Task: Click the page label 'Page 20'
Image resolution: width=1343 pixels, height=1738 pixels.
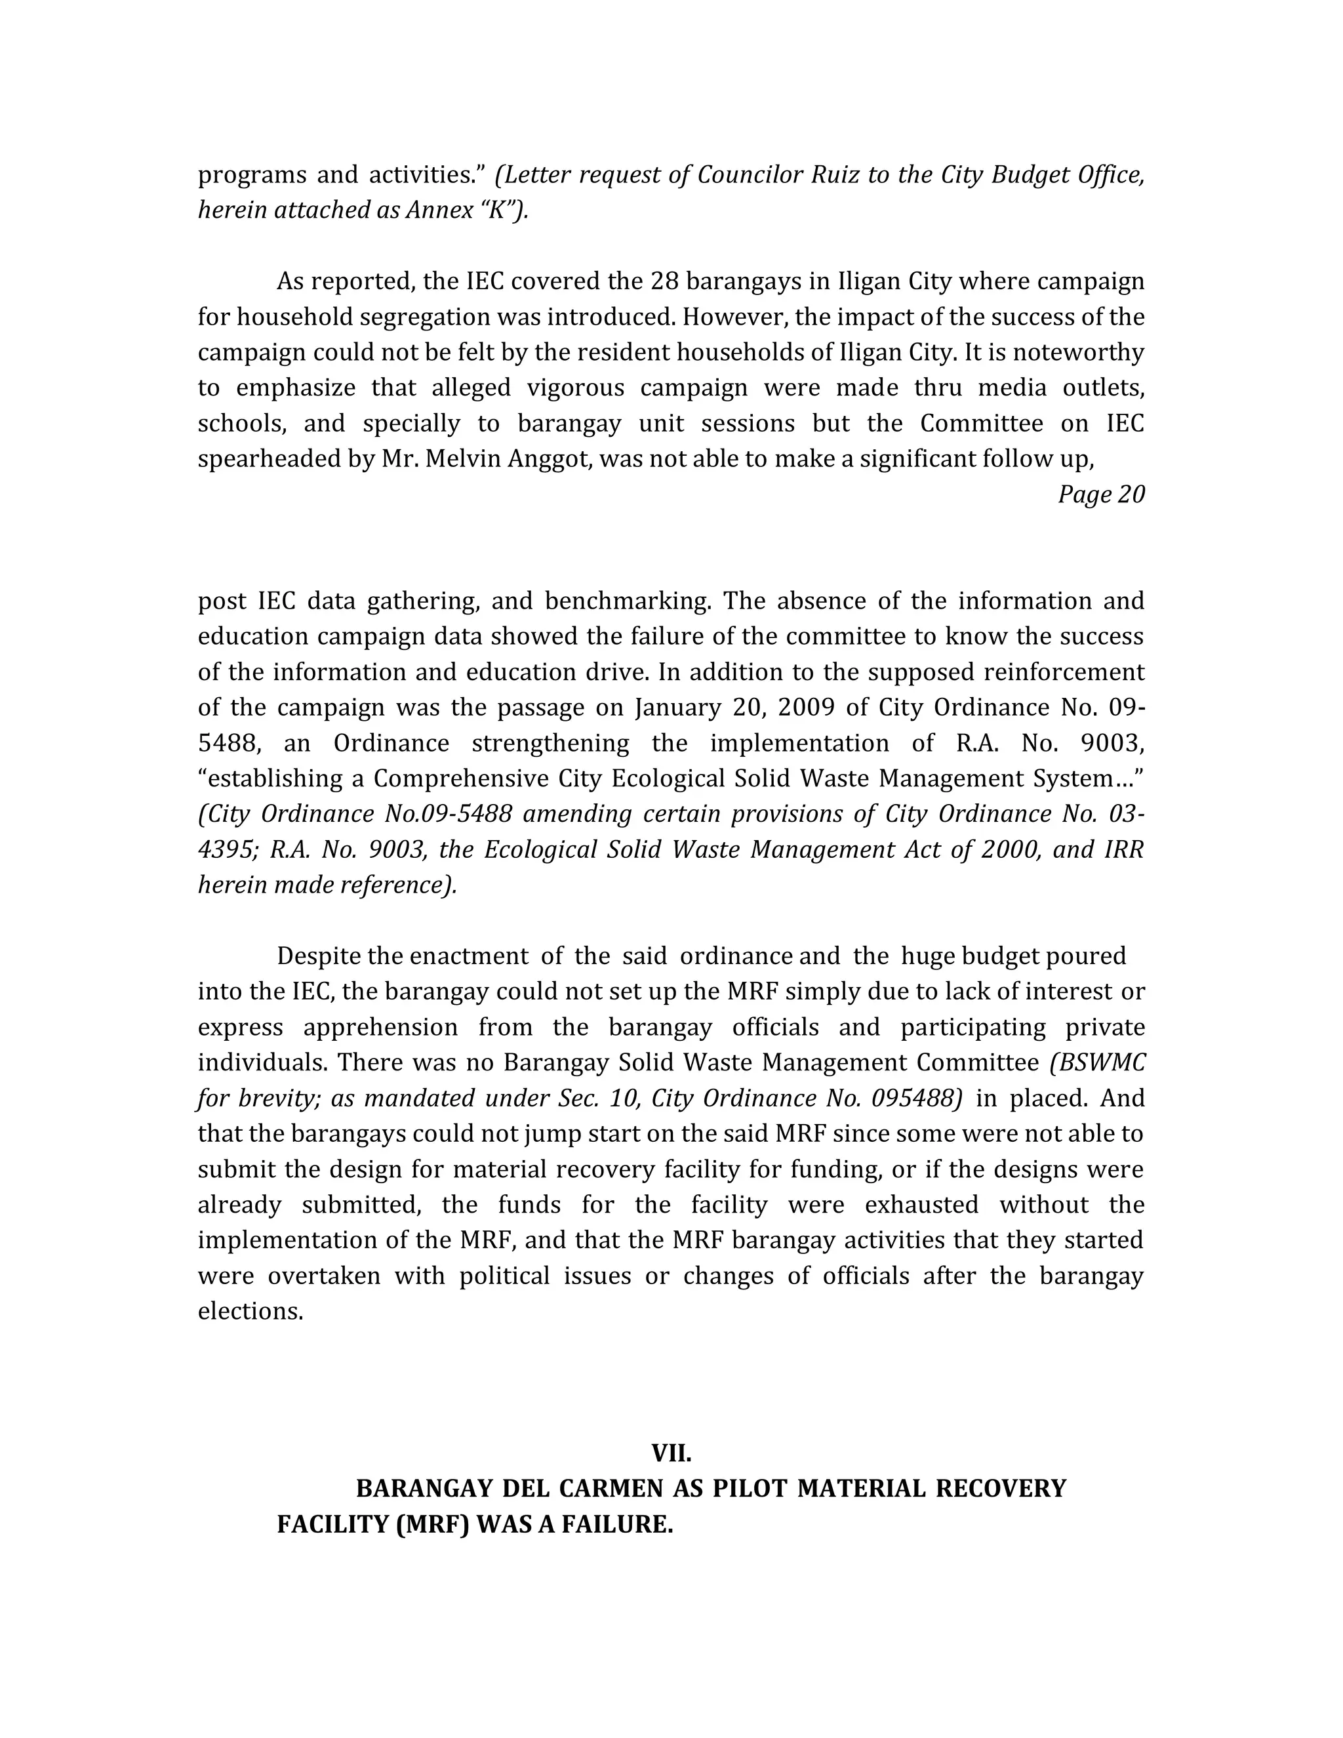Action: coord(1100,495)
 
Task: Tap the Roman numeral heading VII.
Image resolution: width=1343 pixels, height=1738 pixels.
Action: coord(671,1453)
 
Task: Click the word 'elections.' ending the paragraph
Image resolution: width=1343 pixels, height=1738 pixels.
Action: coord(251,1312)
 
